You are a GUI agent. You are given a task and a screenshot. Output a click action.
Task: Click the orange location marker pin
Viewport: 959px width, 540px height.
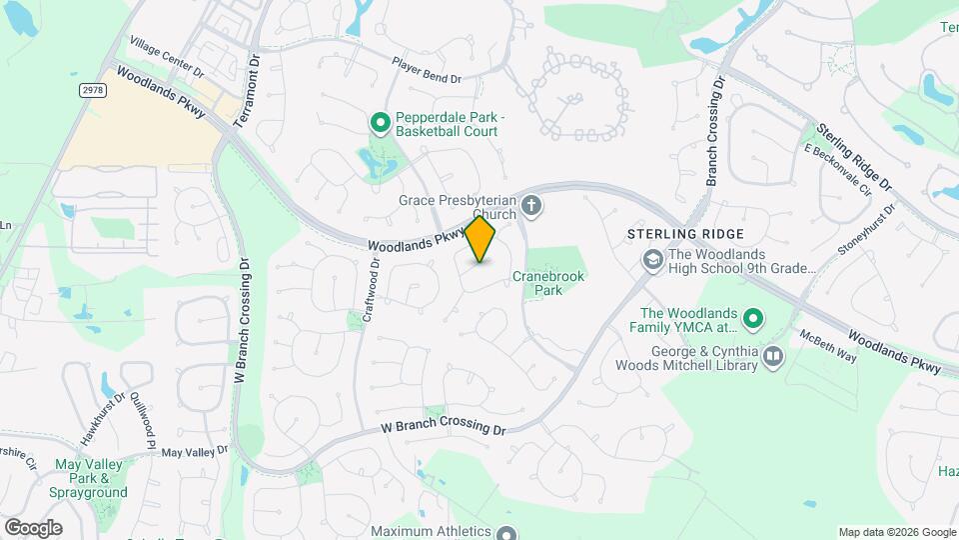click(x=480, y=239)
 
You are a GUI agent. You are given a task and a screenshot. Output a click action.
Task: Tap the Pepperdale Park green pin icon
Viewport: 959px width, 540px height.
click(x=380, y=123)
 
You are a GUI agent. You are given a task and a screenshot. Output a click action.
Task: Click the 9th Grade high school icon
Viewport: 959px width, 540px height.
click(x=653, y=261)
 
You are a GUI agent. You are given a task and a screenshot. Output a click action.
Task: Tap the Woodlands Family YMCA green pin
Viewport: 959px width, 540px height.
click(x=754, y=319)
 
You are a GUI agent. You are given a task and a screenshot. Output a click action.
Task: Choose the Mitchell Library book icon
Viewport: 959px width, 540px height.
click(x=772, y=357)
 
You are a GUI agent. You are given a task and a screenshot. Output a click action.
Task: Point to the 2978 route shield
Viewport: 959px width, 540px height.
click(x=92, y=90)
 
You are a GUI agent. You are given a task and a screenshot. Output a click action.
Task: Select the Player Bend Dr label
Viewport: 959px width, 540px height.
click(x=427, y=69)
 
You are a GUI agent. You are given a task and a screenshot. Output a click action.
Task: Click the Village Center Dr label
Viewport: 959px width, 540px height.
click(x=166, y=58)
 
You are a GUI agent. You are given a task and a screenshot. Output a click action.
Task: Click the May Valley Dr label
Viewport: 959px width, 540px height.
click(x=195, y=452)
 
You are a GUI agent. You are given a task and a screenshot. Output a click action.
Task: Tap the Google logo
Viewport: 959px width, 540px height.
click(x=34, y=527)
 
